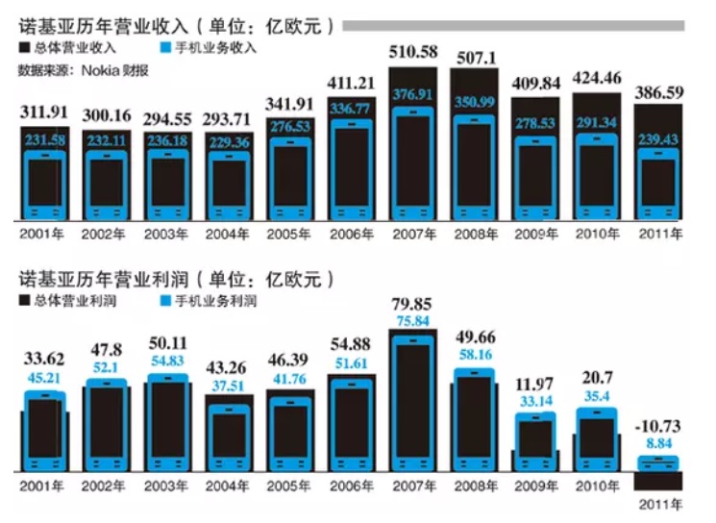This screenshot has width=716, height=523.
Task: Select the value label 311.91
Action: coord(45,114)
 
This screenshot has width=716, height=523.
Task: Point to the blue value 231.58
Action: coord(45,142)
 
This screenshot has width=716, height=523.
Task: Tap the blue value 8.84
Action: coord(659,443)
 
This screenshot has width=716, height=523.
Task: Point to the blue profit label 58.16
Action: coord(475,356)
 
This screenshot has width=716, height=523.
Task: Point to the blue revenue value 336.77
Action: coord(352,111)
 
